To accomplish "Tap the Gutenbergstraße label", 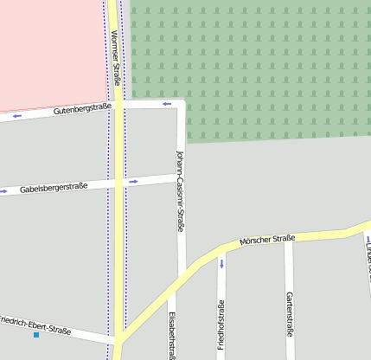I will click(x=81, y=109).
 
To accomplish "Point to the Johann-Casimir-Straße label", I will click(x=179, y=191).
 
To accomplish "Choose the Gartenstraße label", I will click(x=288, y=312).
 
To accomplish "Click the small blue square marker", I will click(x=36, y=334).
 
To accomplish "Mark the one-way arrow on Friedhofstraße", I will click(x=221, y=262).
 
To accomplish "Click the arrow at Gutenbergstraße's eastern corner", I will click(x=166, y=104).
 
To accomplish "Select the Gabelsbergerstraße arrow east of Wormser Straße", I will click(x=133, y=182).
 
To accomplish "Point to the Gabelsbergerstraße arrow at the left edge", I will click(x=3, y=190).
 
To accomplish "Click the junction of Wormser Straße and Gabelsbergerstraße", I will click(x=117, y=183).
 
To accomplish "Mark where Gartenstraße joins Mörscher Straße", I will click(x=289, y=239).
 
